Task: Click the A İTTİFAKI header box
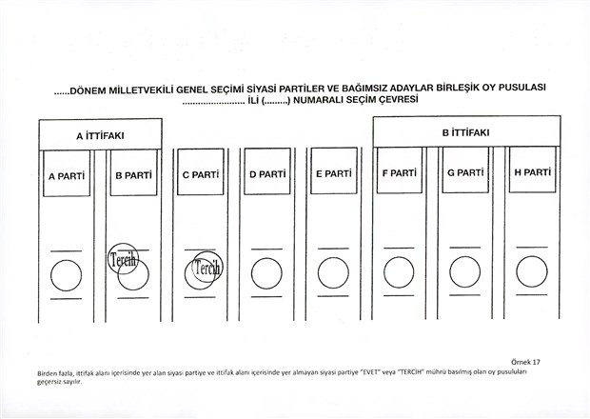point(101,135)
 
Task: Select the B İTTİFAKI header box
point(466,131)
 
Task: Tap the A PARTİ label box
point(67,173)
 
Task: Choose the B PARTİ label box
point(133,172)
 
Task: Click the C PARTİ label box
point(201,171)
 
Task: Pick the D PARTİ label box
point(267,171)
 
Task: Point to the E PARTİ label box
point(334,170)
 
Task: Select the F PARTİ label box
point(400,170)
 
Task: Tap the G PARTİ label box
point(465,170)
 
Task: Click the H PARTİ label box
point(533,170)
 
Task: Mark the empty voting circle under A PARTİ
point(67,275)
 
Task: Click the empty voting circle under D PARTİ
point(266,273)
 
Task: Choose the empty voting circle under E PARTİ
point(333,273)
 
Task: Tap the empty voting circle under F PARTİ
point(400,272)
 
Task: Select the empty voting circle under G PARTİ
point(465,271)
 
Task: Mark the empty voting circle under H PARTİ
point(532,271)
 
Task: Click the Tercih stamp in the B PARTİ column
point(123,259)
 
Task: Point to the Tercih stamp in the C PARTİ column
point(206,267)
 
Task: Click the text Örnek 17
point(525,362)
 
